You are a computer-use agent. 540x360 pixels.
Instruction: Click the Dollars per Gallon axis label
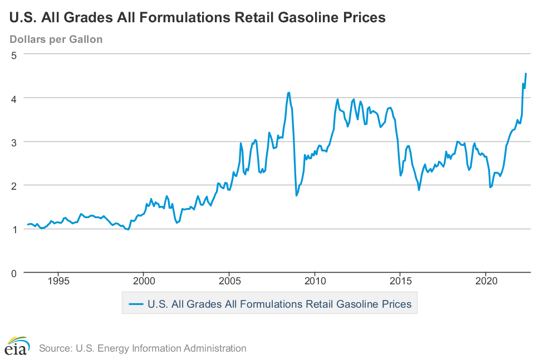[x=56, y=40]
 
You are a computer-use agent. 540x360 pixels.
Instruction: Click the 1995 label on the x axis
[x=58, y=281]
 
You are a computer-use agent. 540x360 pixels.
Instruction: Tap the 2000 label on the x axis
[x=144, y=281]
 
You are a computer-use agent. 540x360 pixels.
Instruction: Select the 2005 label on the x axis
[x=229, y=281]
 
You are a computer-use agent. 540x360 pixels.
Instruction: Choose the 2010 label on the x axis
[x=315, y=281]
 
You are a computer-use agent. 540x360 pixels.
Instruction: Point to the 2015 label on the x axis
[x=400, y=281]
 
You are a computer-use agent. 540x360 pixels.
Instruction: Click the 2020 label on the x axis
[x=486, y=281]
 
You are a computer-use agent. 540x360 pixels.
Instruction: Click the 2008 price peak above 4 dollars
[x=289, y=92]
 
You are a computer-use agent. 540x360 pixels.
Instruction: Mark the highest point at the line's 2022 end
[x=526, y=73]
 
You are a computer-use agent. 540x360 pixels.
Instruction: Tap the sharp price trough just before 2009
[x=296, y=195]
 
